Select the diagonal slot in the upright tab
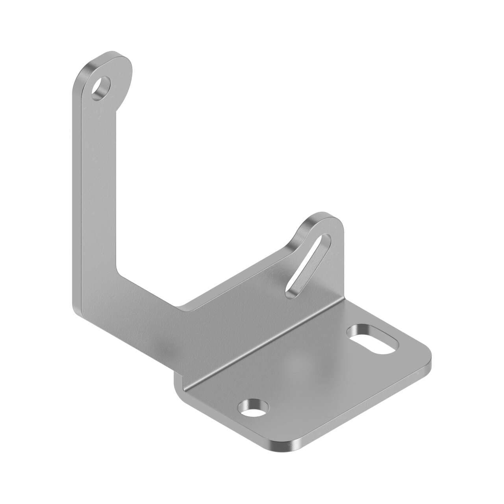tap(308, 263)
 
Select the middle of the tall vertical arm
tap(94, 189)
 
